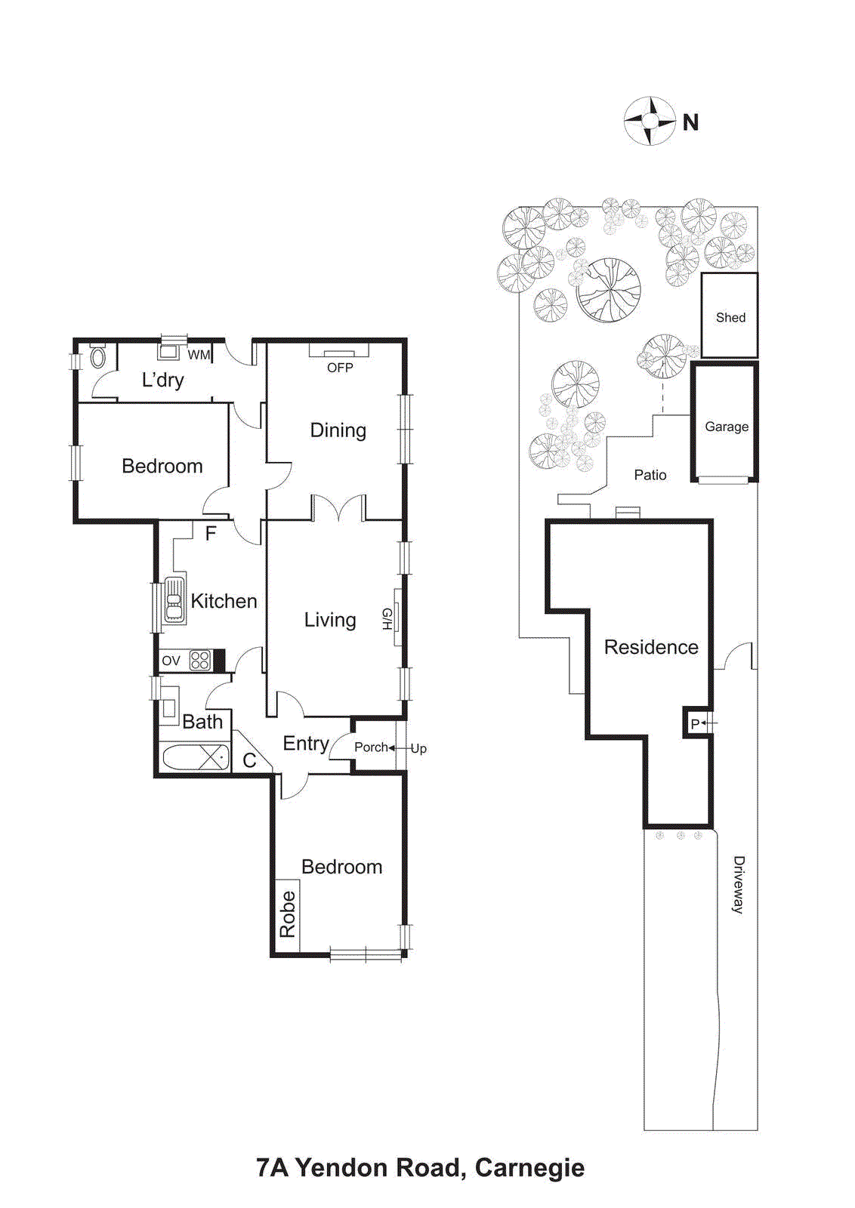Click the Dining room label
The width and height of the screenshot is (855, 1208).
point(338,430)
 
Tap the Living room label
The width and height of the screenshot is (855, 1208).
point(330,620)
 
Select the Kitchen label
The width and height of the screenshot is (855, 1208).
point(224,601)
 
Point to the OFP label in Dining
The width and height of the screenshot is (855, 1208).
point(340,368)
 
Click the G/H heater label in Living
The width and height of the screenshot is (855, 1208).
point(387,619)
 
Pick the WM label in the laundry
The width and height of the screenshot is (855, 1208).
point(199,355)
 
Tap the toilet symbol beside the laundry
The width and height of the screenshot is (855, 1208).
point(98,356)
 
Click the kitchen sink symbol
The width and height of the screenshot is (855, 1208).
point(174,600)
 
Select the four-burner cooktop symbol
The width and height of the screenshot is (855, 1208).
point(200,661)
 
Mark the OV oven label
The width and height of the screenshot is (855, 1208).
point(171,661)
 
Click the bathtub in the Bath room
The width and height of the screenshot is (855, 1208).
point(195,757)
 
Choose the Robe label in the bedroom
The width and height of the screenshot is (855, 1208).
point(287,914)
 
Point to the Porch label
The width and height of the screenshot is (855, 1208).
point(371,747)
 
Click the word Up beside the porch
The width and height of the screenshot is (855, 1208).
point(418,748)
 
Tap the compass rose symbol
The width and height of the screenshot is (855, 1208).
point(650,121)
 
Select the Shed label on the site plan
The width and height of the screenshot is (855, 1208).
point(730,318)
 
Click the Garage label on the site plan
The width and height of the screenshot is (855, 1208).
point(727,427)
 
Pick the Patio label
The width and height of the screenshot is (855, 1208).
point(650,475)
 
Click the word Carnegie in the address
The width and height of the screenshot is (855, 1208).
point(529,1168)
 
